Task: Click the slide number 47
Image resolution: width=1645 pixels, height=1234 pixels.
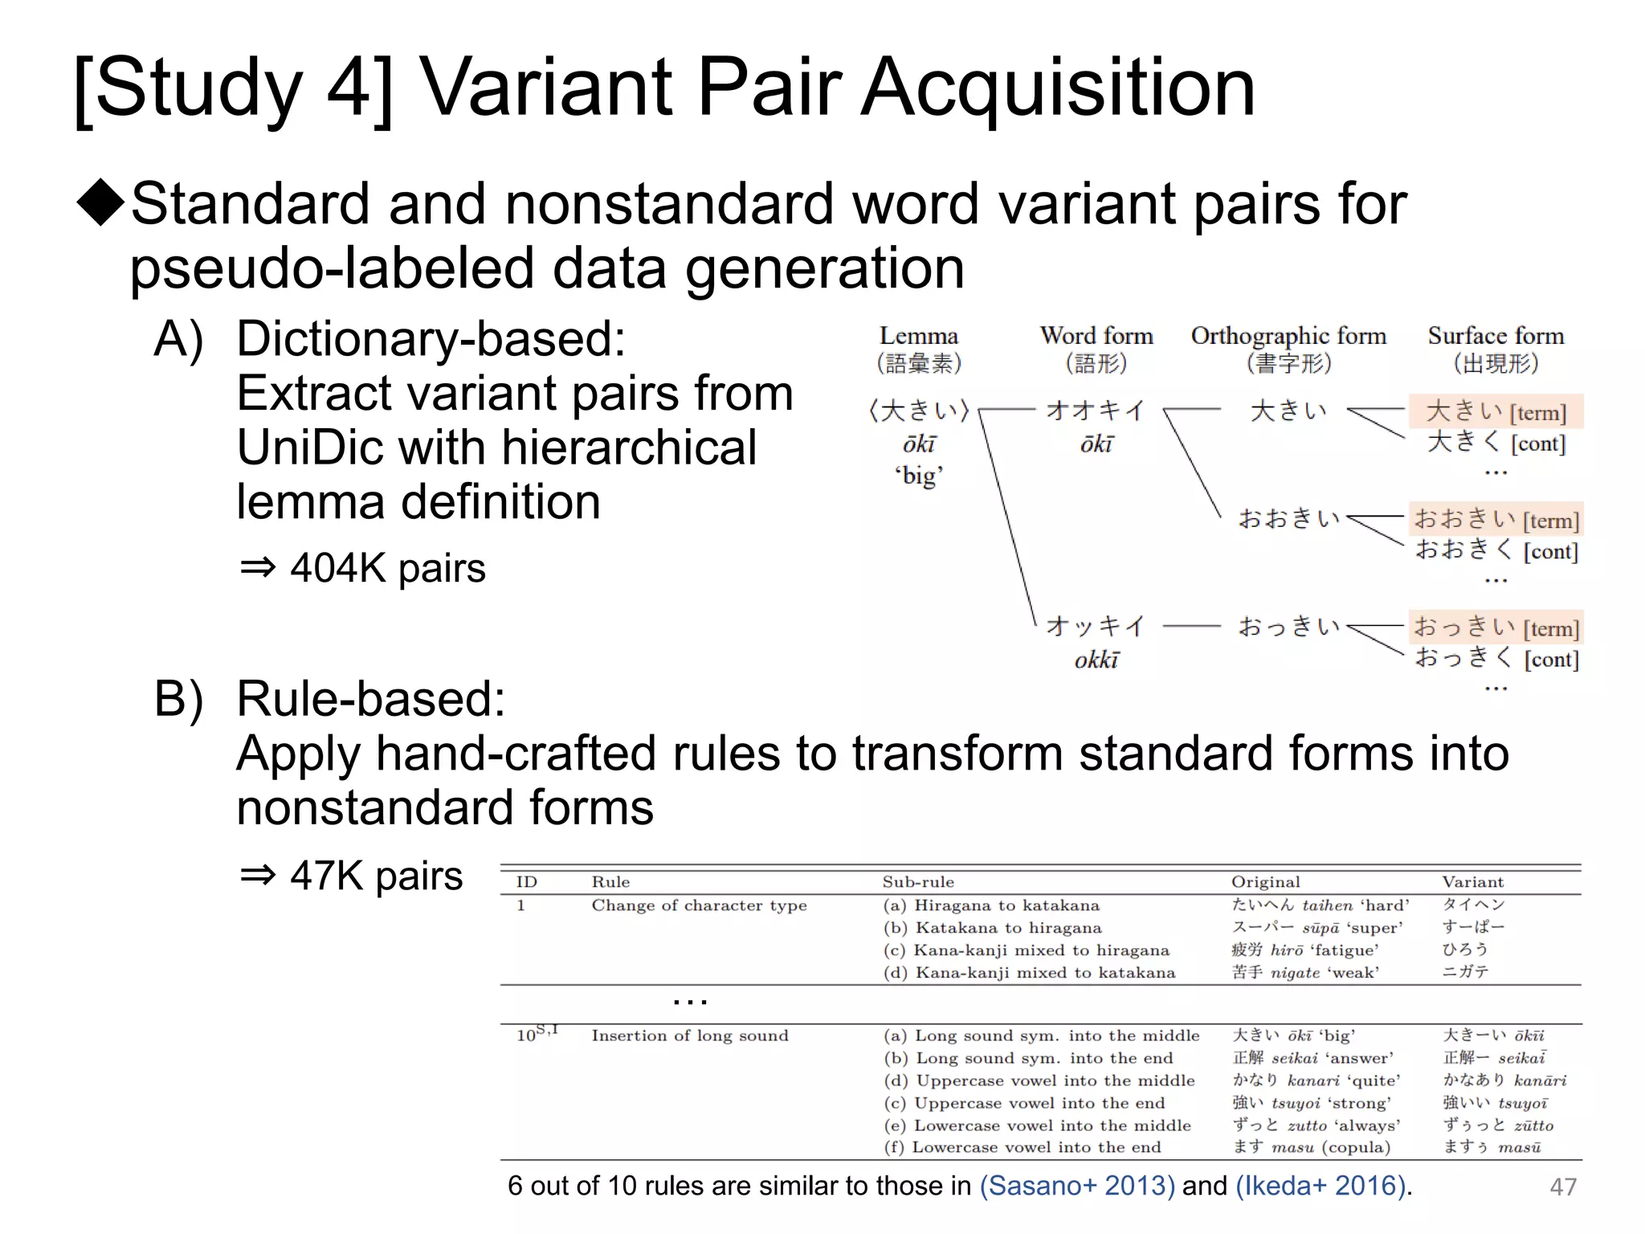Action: click(x=1562, y=1187)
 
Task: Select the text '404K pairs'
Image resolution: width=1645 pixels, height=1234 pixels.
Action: click(x=387, y=568)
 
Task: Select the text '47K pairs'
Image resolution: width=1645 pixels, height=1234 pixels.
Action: click(x=376, y=875)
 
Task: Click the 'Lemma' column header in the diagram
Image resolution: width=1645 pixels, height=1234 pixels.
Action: click(x=918, y=336)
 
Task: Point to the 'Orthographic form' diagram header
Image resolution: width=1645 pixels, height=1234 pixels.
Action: click(x=1288, y=336)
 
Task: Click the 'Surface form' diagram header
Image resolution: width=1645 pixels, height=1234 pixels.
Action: click(x=1496, y=336)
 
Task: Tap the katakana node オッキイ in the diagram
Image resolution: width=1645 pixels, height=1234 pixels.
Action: click(x=1096, y=626)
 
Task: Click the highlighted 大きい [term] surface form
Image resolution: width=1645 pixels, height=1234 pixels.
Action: click(x=1496, y=411)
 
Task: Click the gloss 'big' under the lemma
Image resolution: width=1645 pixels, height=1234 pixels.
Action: click(x=919, y=476)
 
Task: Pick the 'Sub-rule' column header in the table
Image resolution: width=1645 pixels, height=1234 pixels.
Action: click(x=918, y=882)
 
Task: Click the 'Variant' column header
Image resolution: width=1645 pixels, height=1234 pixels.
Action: click(x=1472, y=882)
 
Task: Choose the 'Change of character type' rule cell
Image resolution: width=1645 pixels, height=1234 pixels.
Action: click(x=699, y=905)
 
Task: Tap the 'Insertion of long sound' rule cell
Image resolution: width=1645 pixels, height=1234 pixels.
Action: click(x=690, y=1036)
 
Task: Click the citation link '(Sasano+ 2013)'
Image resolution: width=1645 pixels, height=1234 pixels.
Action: click(x=1077, y=1186)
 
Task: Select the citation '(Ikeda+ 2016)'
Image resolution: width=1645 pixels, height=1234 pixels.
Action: click(x=1321, y=1186)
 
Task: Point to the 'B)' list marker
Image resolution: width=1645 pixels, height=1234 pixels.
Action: click(x=178, y=699)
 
